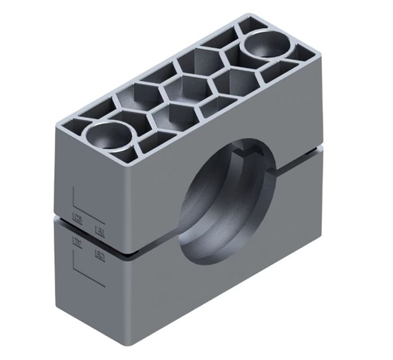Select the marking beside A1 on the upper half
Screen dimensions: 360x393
coord(79,218)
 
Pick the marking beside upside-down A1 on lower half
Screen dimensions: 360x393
coord(99,253)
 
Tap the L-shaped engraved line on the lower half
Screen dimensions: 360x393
coord(76,268)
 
